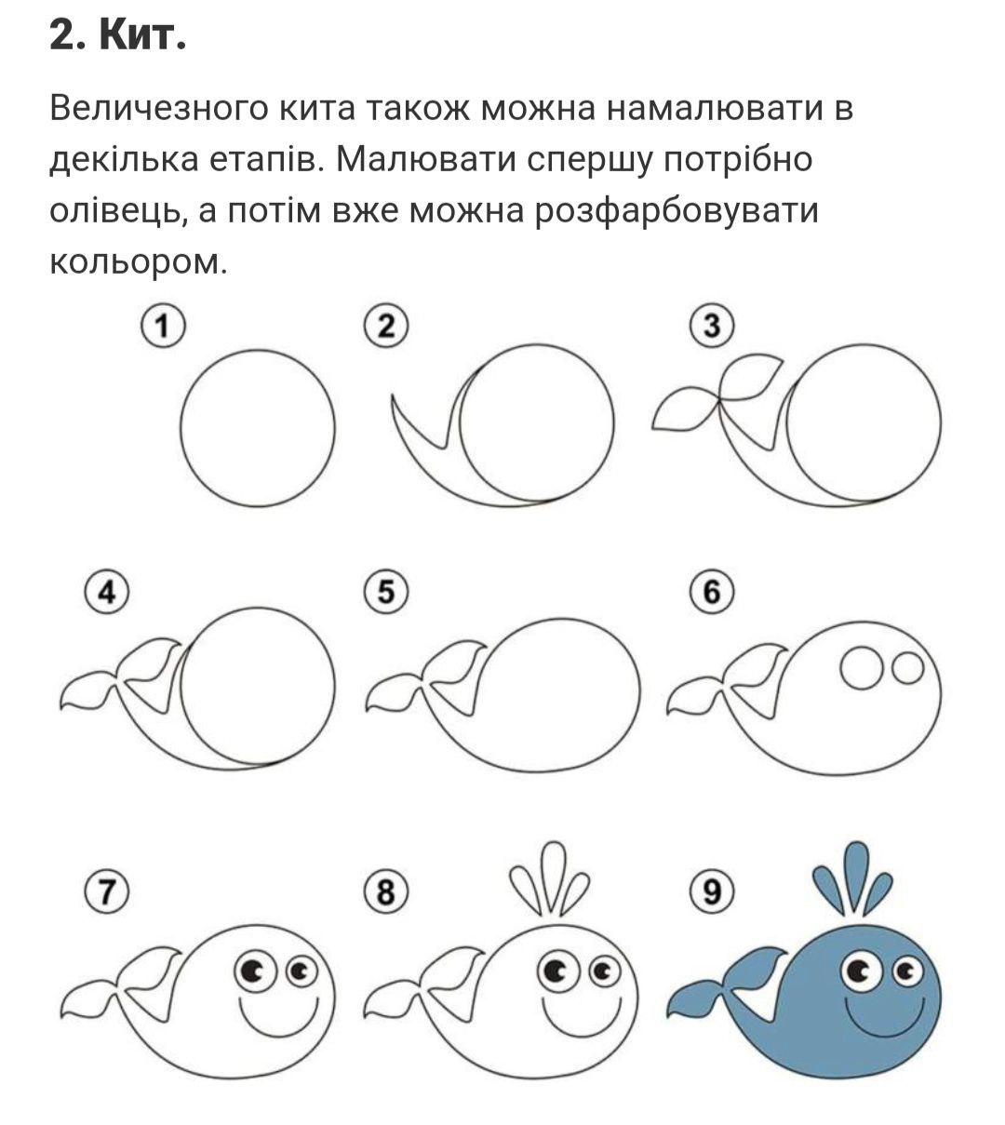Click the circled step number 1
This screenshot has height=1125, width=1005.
pos(163,326)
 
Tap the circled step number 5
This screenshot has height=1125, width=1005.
pos(386,591)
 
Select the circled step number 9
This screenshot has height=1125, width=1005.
pos(712,891)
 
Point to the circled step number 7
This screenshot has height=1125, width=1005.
pos(107,891)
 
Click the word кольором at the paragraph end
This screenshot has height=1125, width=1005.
pos(139,262)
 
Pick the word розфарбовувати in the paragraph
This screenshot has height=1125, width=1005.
pos(677,211)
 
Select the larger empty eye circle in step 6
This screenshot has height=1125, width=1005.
pos(861,668)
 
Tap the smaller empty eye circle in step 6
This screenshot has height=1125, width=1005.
pos(907,668)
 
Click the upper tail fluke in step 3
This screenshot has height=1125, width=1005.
pos(751,377)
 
